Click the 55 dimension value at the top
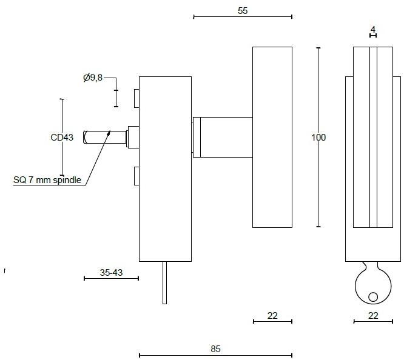coord(243,10)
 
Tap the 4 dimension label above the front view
coord(373,29)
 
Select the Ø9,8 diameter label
coord(93,78)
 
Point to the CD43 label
coord(62,138)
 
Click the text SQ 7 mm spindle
coord(47,180)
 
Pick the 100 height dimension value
coord(318,138)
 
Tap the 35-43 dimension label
coord(111,273)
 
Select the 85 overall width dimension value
coord(215,349)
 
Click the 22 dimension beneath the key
coord(373,315)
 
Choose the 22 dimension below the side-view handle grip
coord(272,315)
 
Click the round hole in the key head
coord(372,296)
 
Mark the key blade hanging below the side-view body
coord(164,282)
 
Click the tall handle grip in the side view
coord(272,137)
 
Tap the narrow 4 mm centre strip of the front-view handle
coord(373,137)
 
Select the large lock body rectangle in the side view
coord(165,169)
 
